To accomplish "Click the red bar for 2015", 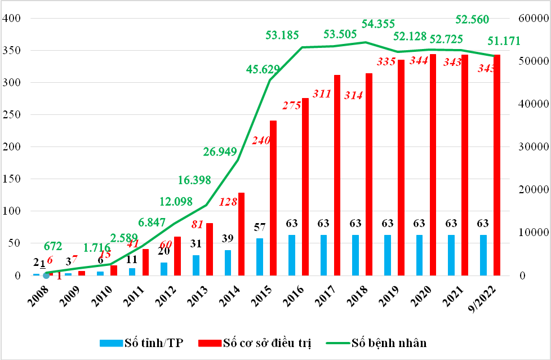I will click(273, 198).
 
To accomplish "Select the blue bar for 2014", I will click(228, 263).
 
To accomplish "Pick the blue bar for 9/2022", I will click(484, 255).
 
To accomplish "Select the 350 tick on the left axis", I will click(12, 51).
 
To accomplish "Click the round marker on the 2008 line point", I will click(46, 275).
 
